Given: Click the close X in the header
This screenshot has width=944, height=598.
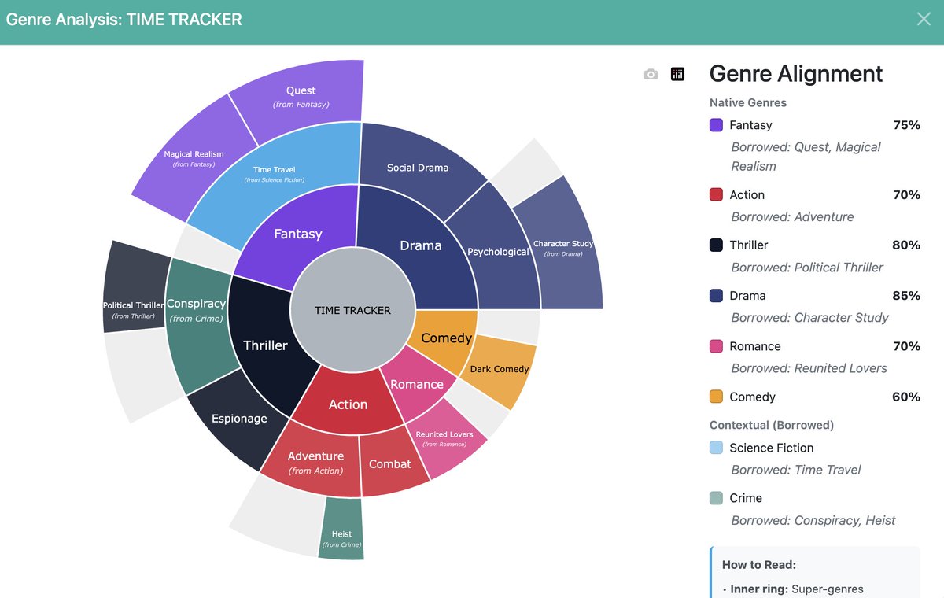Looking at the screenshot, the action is tap(924, 19).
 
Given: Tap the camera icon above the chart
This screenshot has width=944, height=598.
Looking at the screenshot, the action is tap(651, 74).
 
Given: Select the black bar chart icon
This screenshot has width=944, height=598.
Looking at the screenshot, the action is tap(677, 74).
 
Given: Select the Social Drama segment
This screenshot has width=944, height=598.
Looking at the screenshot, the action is tap(418, 167).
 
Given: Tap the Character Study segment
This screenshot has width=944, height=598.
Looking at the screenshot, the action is tap(563, 248).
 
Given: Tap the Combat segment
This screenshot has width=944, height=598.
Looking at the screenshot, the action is tap(390, 464).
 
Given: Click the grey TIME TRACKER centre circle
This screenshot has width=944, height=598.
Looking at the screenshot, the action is tap(352, 310).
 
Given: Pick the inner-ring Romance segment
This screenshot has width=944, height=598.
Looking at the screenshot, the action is tap(417, 383).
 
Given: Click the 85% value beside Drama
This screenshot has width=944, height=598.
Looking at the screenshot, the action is tap(905, 296).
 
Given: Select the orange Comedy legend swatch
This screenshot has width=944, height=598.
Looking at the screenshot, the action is tap(716, 397).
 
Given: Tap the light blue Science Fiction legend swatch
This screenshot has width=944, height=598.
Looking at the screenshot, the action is tap(716, 448).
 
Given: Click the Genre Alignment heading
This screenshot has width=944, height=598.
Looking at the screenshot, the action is tap(796, 74).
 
